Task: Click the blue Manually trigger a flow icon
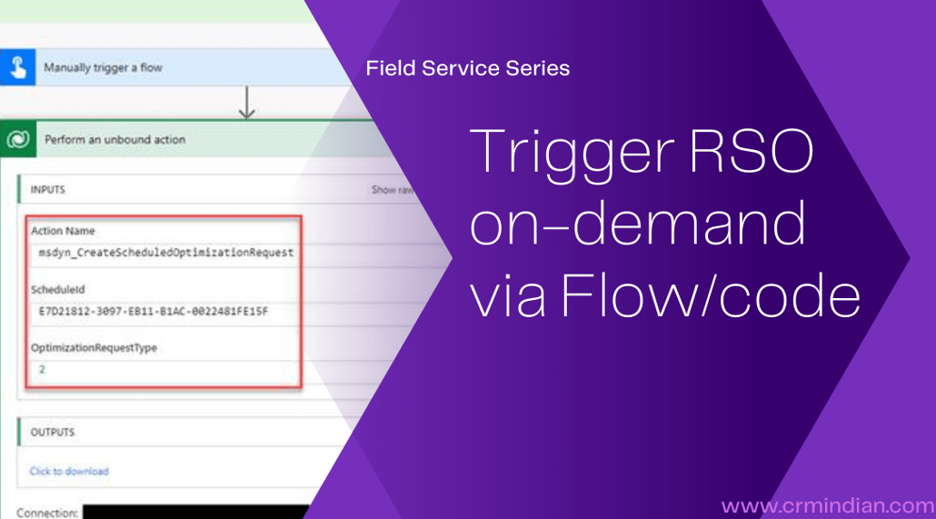tap(16, 67)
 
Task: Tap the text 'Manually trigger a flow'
tap(103, 68)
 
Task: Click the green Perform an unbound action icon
tap(16, 140)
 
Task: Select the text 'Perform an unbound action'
tap(115, 140)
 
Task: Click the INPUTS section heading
tap(47, 190)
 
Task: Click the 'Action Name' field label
tap(63, 231)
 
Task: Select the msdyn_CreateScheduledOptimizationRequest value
tap(166, 252)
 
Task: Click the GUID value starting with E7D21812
tap(154, 312)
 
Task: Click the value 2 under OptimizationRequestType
tap(42, 370)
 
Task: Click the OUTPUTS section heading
tap(52, 432)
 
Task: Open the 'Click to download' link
tap(69, 471)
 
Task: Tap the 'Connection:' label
tap(46, 513)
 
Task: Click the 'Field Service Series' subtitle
tap(467, 68)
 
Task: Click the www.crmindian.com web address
tap(824, 504)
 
